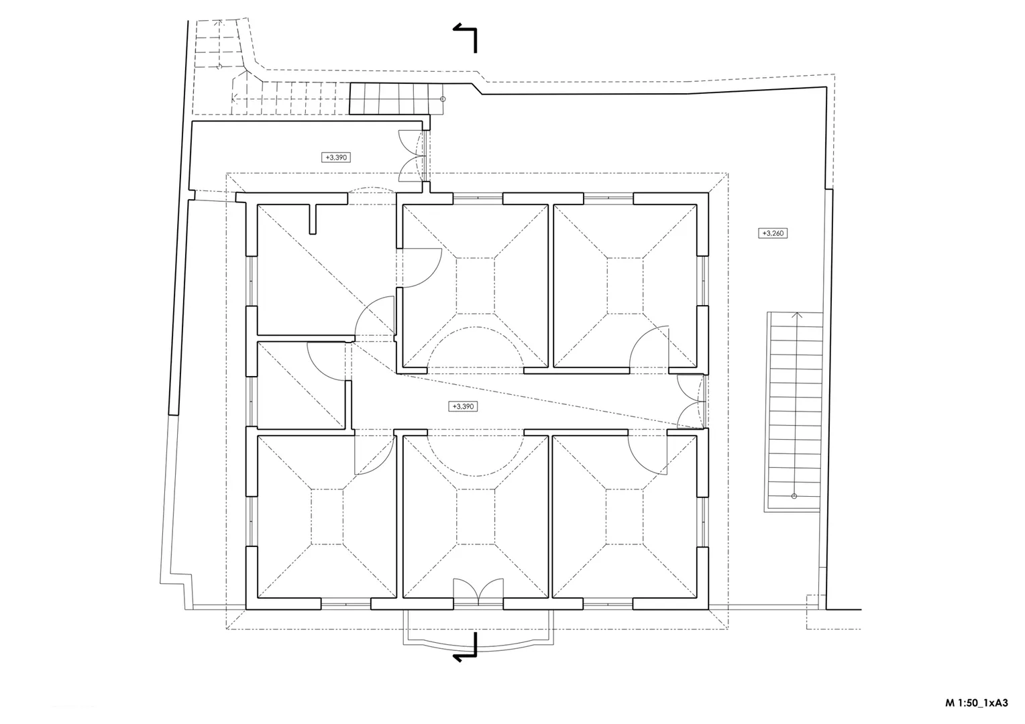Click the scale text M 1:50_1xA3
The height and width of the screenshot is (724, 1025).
click(x=977, y=703)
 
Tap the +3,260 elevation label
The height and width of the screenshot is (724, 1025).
click(x=773, y=233)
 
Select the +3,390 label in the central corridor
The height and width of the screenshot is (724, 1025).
click(x=463, y=406)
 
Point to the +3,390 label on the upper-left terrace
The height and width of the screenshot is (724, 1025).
click(x=336, y=158)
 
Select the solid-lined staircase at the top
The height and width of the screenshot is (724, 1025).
click(x=396, y=99)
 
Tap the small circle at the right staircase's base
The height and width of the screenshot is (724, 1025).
click(x=794, y=496)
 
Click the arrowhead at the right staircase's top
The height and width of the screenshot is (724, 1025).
click(x=798, y=314)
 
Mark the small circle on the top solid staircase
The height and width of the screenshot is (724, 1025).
click(x=443, y=99)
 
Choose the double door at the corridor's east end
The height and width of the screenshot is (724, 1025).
click(x=691, y=402)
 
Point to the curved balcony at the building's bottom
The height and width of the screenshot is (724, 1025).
click(x=478, y=633)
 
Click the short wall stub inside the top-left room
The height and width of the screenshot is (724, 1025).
click(x=313, y=219)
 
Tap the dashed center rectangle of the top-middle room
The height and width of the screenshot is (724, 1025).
click(x=475, y=286)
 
